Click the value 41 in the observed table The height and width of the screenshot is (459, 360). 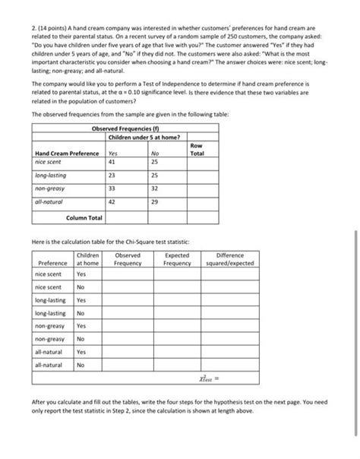click(x=112, y=161)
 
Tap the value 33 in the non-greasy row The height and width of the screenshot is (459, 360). click(x=112, y=188)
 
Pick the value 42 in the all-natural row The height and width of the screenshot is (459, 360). click(x=112, y=202)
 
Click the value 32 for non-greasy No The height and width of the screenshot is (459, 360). click(x=155, y=188)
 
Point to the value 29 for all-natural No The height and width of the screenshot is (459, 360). click(x=155, y=202)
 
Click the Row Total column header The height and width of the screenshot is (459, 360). click(x=196, y=149)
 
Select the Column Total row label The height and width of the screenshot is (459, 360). click(x=84, y=218)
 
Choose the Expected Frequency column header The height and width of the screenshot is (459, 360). click(x=177, y=259)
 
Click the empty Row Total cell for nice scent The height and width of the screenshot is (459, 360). click(x=196, y=161)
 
